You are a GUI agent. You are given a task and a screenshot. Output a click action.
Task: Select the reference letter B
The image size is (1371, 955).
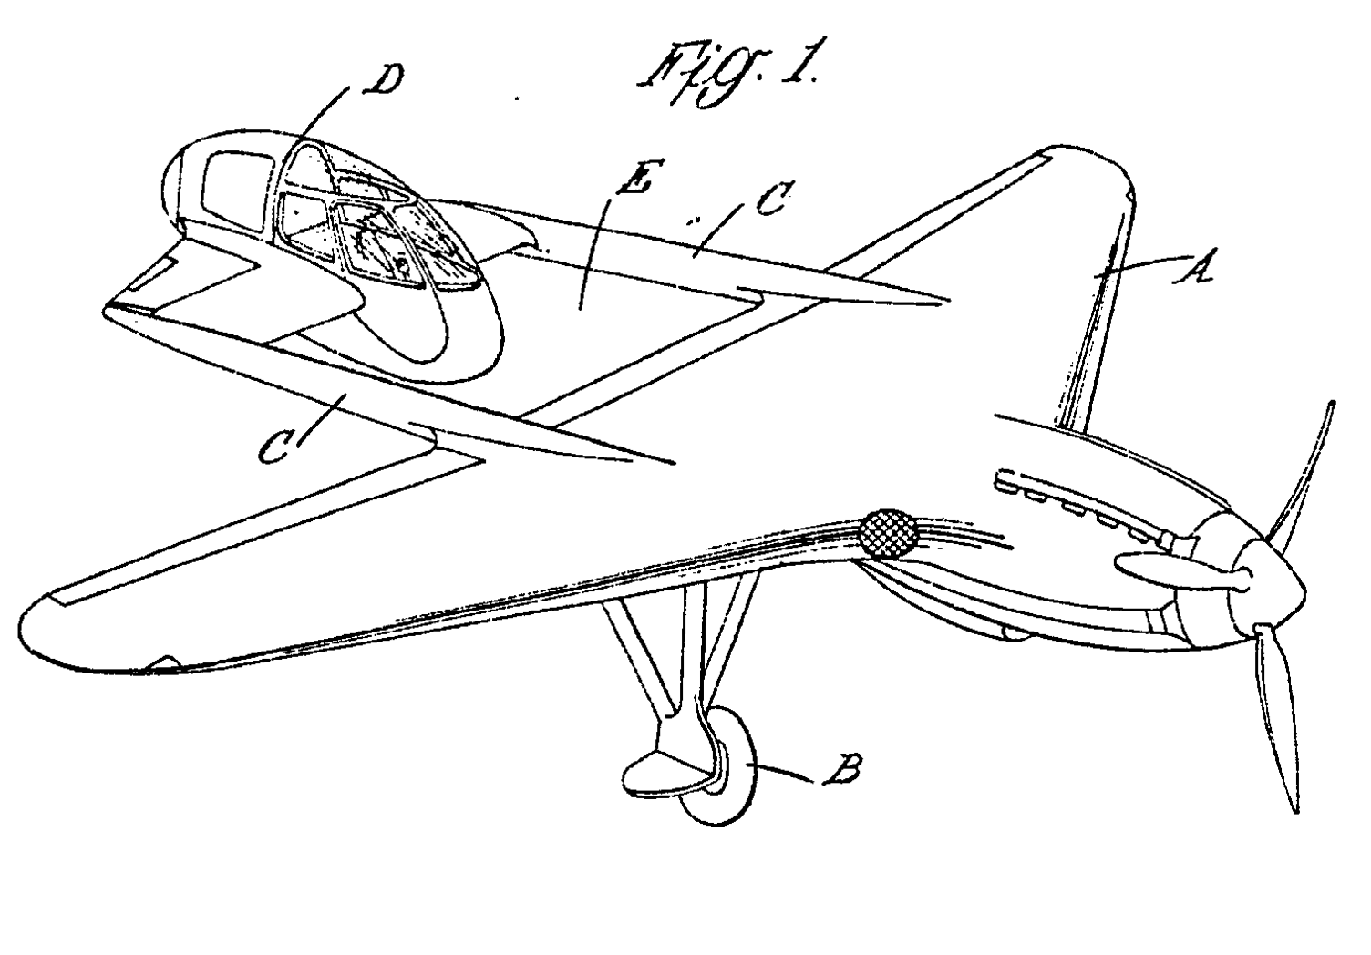840,772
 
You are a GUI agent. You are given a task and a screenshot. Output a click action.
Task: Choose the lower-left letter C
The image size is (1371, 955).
273,447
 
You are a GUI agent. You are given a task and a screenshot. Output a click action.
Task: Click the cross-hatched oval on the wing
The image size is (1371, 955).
889,533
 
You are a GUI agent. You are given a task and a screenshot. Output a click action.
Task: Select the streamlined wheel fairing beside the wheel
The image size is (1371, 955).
661,770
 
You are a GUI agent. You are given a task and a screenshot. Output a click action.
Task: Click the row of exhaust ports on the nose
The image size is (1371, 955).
1076,506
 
